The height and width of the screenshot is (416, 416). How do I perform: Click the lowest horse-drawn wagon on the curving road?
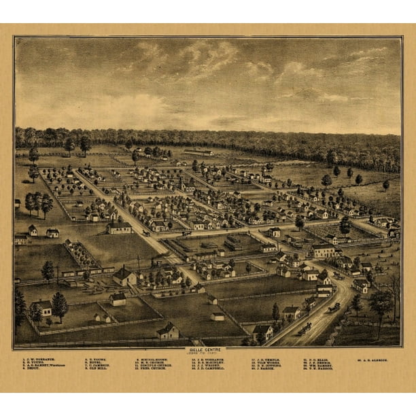[x=305, y=328]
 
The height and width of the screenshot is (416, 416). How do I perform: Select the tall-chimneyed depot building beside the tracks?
[x=124, y=275]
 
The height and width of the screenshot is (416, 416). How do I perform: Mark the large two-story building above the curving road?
[x=322, y=251]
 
